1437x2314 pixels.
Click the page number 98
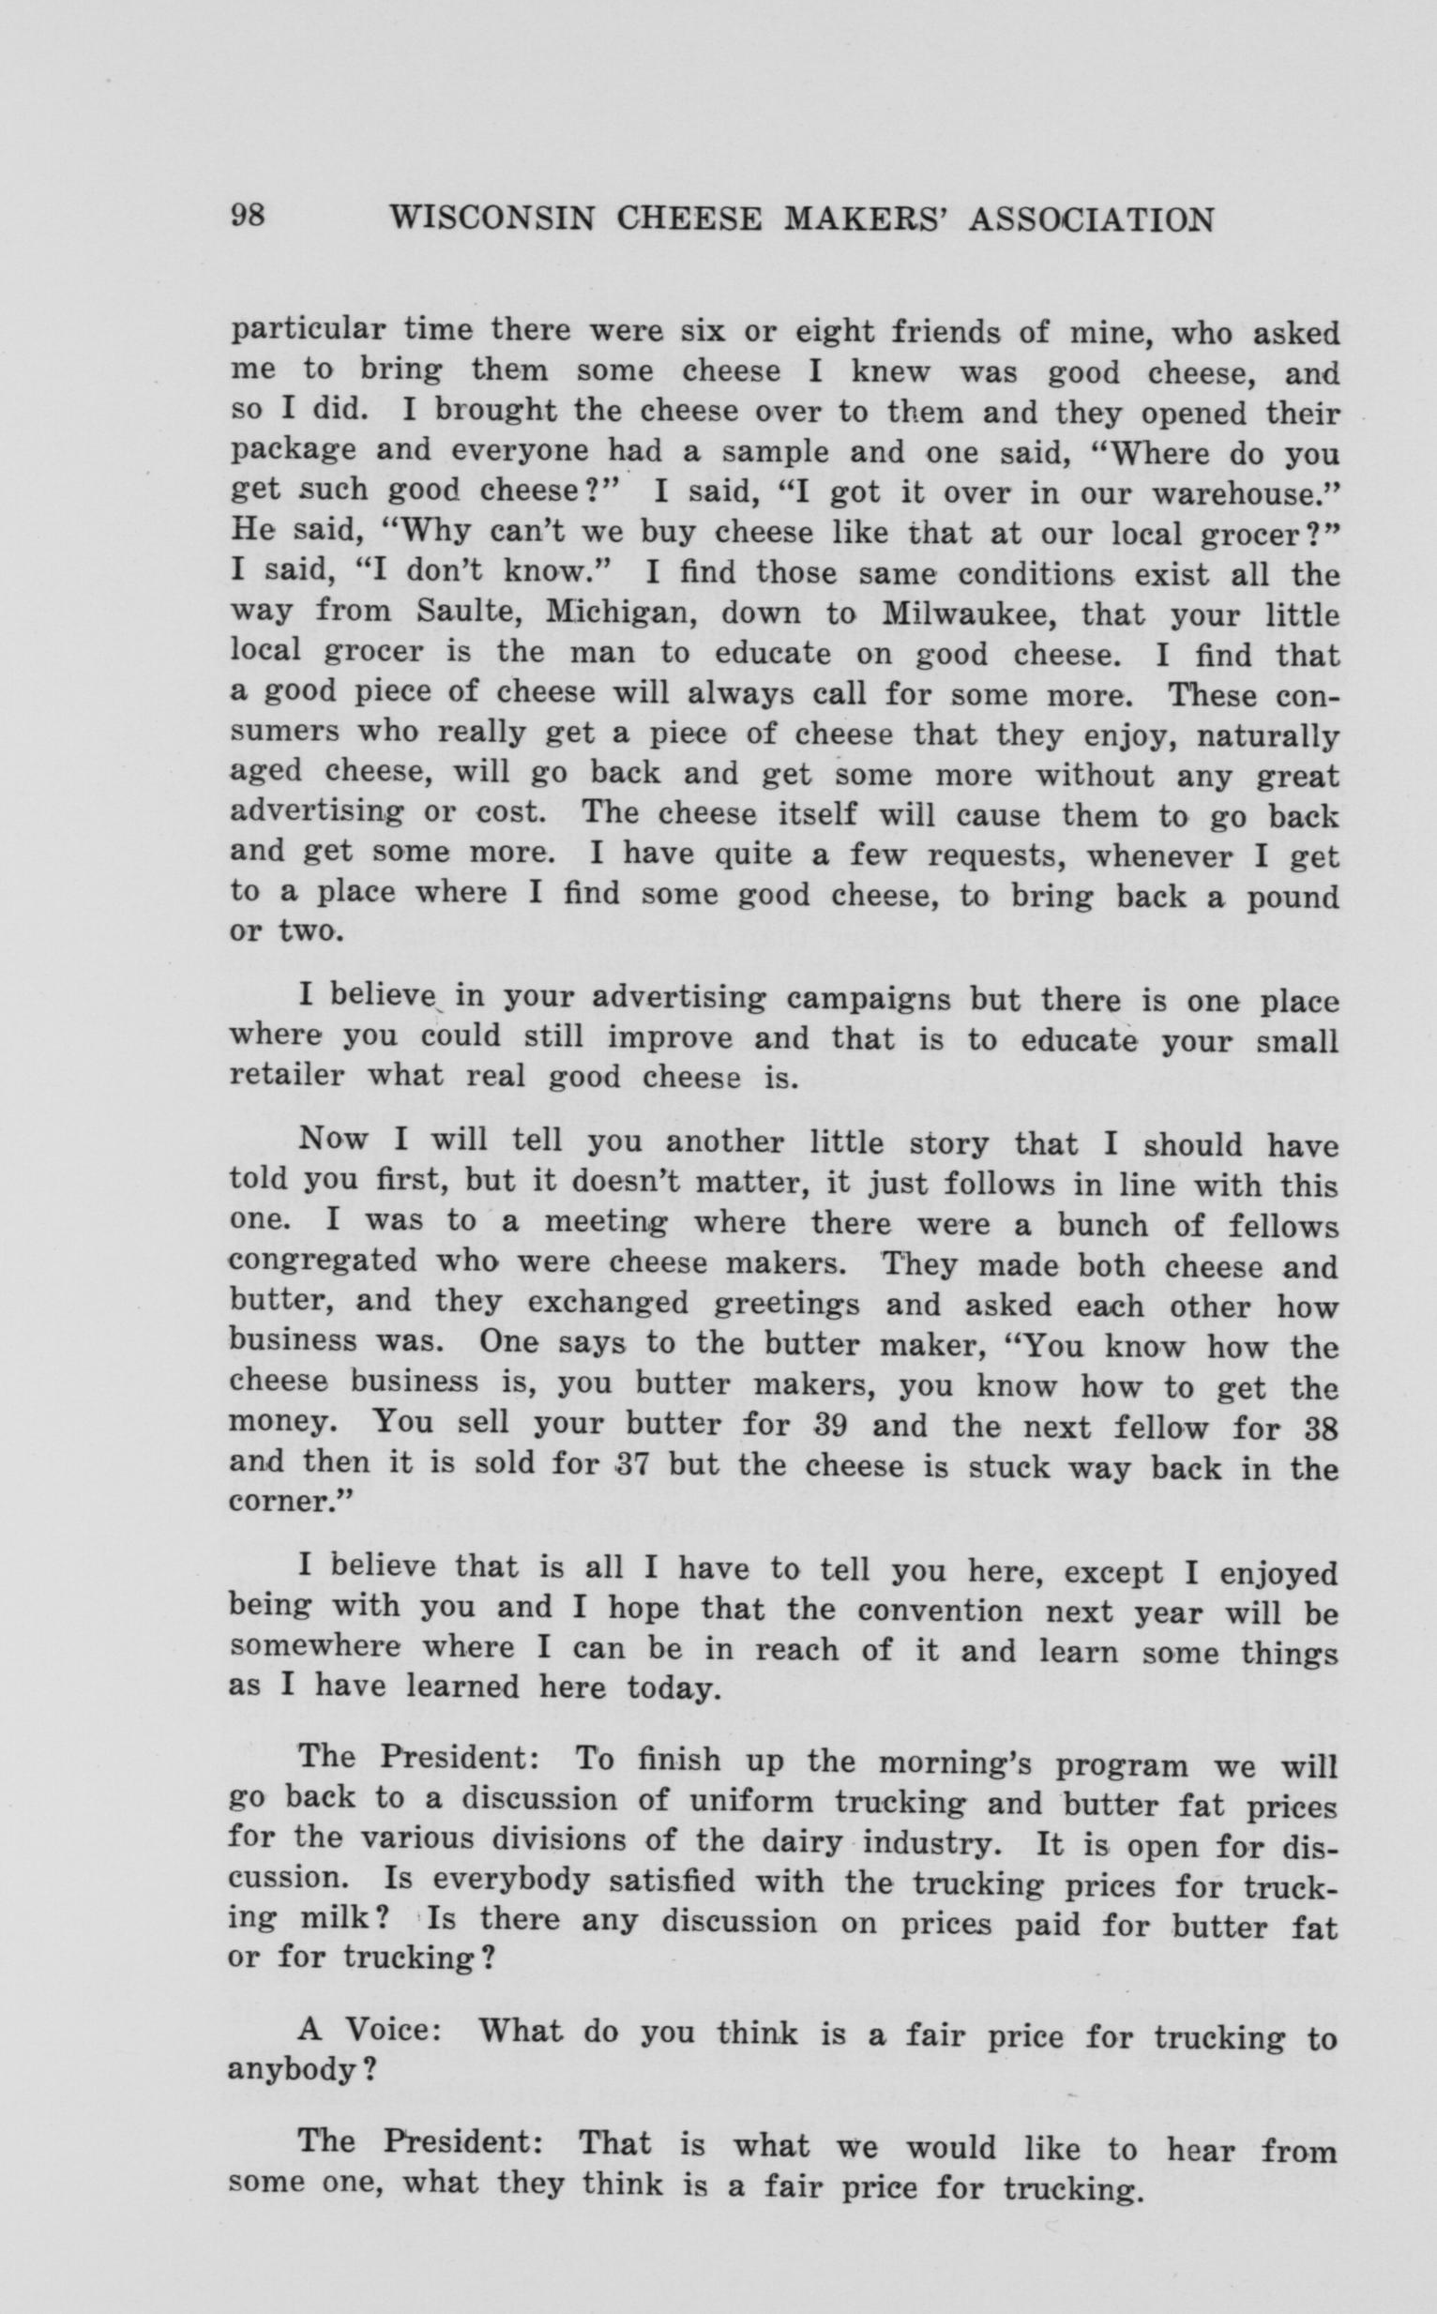(x=248, y=218)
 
